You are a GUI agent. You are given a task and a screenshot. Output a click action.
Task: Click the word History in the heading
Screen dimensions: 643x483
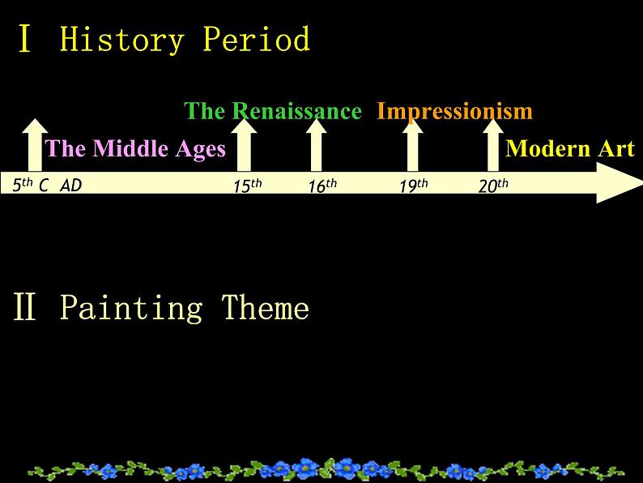[x=121, y=40]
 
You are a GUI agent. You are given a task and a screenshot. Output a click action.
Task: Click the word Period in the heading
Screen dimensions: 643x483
[x=256, y=39]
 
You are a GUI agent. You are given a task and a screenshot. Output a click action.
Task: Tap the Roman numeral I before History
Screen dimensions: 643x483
[x=25, y=39]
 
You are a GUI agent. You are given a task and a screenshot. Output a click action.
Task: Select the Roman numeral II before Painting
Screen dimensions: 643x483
[x=24, y=306]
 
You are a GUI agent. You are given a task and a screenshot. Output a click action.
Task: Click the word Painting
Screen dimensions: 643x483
[x=131, y=308]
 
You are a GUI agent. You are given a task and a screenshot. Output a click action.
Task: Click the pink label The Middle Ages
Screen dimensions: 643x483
[x=135, y=148]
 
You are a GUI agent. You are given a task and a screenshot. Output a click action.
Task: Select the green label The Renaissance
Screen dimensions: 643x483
[x=273, y=111]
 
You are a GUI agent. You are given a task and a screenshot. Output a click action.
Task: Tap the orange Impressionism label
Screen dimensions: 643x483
[x=454, y=111]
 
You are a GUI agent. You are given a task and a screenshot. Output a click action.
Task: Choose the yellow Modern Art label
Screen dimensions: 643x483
[x=570, y=148]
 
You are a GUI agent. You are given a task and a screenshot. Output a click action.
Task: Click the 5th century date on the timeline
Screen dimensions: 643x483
[x=30, y=185]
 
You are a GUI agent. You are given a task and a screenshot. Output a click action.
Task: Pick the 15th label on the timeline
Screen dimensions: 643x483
[x=248, y=186]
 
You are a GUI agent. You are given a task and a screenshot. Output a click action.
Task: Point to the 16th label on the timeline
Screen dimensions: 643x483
[x=323, y=186]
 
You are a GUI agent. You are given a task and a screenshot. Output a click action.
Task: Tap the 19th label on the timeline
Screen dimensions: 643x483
[x=414, y=186]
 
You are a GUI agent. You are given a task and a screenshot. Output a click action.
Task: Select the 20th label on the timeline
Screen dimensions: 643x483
[x=493, y=186]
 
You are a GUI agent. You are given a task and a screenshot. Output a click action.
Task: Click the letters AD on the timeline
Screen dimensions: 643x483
[x=71, y=186]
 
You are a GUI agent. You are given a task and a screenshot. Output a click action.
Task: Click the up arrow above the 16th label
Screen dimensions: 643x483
[x=316, y=145]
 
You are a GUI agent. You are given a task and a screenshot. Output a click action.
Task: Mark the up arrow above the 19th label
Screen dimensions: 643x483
[x=412, y=145]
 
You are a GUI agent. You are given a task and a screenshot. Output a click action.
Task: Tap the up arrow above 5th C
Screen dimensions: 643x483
[x=35, y=145]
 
